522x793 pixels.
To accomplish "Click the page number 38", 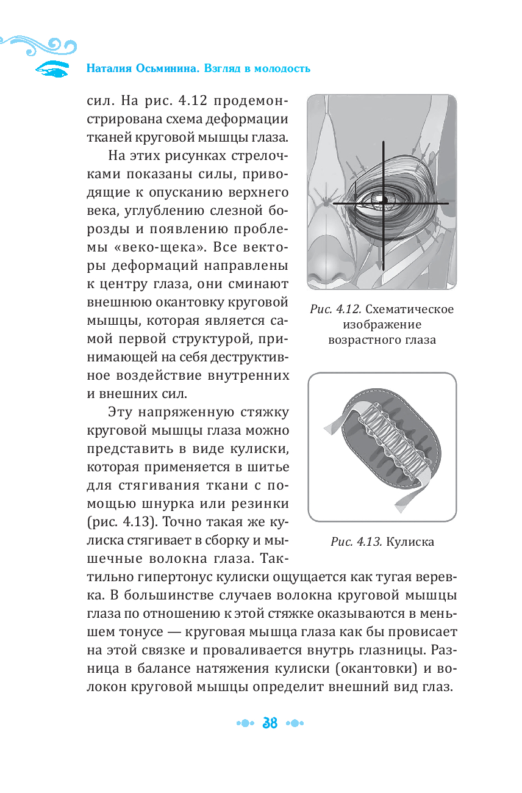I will click(269, 723).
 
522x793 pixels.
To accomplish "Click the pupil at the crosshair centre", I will click(384, 200).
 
